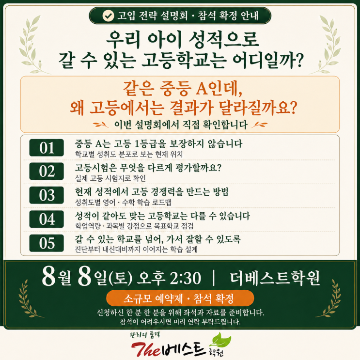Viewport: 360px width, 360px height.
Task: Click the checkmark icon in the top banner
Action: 108,16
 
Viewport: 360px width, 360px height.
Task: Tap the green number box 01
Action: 47,148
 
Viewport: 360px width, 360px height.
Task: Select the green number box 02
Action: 47,171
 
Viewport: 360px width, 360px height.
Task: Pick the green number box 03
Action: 47,195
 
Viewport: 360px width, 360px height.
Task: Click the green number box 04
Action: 47,219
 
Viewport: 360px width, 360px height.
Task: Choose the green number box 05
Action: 47,243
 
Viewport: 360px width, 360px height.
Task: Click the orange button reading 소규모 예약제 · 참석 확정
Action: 180,298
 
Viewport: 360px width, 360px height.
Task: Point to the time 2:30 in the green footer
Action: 185,278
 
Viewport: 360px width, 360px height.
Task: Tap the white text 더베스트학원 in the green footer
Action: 275,278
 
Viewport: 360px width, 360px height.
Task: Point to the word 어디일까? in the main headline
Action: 268,60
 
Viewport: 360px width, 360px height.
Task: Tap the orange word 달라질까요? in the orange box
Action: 258,108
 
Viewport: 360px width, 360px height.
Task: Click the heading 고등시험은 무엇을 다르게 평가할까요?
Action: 148,168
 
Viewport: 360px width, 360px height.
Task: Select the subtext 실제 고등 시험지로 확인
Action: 110,178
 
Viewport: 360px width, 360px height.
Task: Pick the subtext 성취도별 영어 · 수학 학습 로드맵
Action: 123,202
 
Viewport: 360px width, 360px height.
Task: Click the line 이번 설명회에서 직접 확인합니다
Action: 181,125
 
